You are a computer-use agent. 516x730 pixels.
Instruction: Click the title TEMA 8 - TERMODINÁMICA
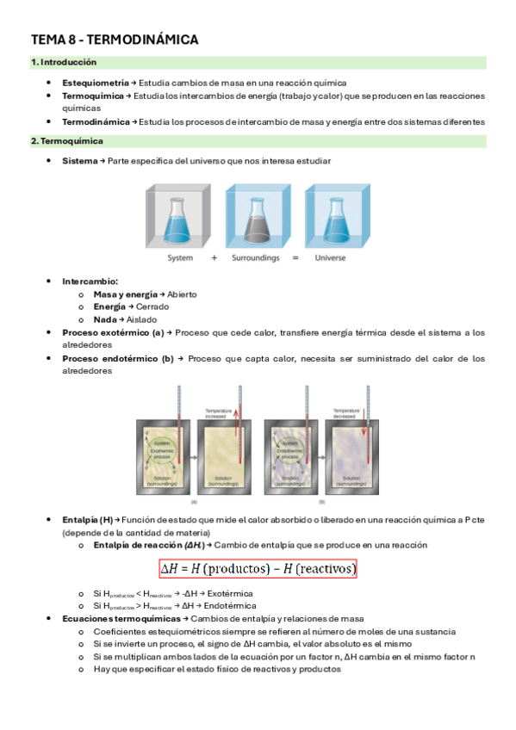click(115, 40)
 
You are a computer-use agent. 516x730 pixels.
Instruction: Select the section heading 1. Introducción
click(64, 63)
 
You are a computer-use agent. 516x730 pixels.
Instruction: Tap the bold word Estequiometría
click(95, 83)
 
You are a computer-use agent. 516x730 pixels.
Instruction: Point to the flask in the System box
click(180, 219)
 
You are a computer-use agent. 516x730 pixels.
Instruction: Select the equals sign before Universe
click(295, 258)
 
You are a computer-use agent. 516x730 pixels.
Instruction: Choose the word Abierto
click(182, 294)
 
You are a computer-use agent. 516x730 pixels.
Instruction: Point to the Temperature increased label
click(220, 412)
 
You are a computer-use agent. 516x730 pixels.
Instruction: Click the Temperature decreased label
click(345, 412)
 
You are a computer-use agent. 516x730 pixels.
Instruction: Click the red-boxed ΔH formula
click(258, 570)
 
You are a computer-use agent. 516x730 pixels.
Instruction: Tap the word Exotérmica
click(243, 594)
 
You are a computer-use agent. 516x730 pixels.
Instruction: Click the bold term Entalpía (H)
click(88, 520)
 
